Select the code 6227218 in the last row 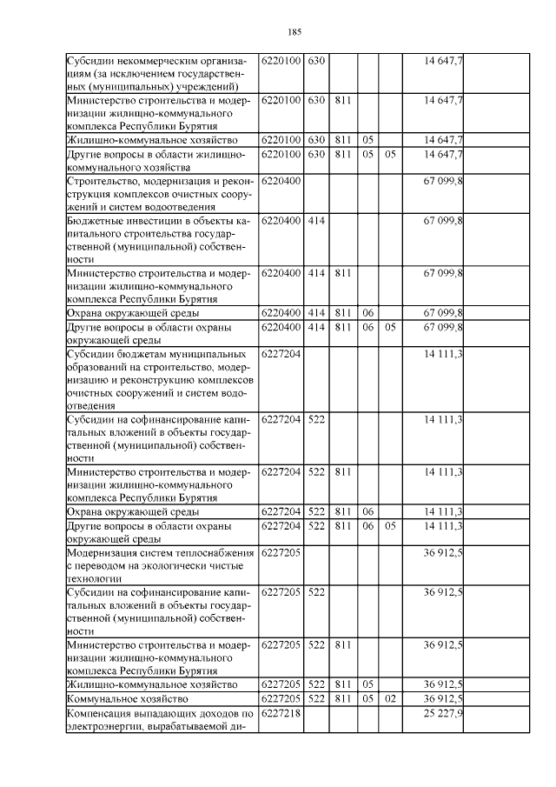(x=281, y=713)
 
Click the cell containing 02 (x=390, y=698)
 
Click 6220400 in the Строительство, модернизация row (x=281, y=181)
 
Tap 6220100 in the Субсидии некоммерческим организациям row (x=281, y=60)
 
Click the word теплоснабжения (x=215, y=551)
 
